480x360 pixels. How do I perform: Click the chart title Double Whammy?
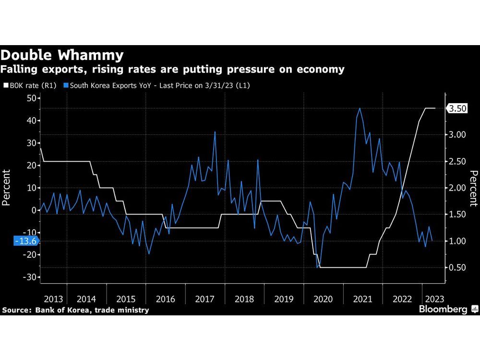[62, 54]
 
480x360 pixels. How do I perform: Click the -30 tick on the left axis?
[29, 277]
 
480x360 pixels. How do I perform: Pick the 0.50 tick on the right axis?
[456, 267]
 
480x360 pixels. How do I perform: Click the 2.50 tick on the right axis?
[456, 161]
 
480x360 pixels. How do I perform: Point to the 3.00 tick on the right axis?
[456, 135]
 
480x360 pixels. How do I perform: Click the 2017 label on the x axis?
[205, 299]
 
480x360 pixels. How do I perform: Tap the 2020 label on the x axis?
[323, 299]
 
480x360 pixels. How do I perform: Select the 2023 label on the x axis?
[434, 299]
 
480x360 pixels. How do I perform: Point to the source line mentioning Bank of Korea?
[75, 310]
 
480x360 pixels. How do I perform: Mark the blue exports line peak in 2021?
[360, 108]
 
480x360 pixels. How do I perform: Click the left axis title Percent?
[7, 187]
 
